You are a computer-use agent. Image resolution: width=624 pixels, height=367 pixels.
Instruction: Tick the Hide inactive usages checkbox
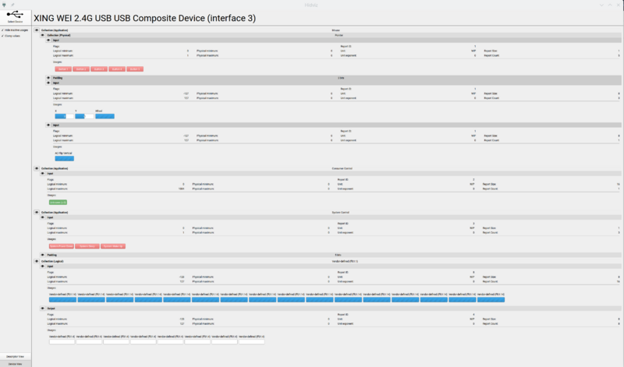(4, 30)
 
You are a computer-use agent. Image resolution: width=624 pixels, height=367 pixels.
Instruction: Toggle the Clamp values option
(4, 36)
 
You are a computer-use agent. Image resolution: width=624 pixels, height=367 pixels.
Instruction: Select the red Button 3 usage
(98, 69)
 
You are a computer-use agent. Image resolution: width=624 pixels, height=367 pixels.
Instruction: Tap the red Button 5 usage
(135, 69)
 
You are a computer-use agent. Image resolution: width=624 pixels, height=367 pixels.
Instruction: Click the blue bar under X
(59, 116)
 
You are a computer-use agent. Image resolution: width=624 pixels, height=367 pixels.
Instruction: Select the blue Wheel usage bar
(105, 116)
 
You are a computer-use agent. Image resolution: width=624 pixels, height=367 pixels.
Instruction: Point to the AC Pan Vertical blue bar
(64, 158)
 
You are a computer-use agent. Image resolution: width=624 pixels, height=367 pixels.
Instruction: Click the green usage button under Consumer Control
(58, 202)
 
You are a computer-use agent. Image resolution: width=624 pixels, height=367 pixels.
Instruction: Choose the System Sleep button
(86, 246)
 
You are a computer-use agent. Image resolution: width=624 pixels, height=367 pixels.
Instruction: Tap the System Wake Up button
(114, 246)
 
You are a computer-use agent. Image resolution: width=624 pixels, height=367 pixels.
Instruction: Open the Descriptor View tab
(15, 355)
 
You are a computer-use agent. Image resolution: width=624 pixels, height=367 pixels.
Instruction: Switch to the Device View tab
(15, 363)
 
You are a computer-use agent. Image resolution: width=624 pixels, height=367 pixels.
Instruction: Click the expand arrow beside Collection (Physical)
(44, 35)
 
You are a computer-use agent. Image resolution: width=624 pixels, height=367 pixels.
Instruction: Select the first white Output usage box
(62, 341)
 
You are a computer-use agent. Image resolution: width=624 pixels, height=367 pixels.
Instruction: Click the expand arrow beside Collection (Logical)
(37, 261)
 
